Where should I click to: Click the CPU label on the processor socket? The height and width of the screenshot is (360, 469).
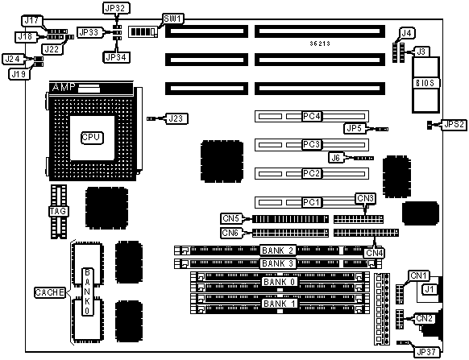[x=93, y=138]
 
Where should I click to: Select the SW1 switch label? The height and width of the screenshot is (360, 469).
[x=173, y=19]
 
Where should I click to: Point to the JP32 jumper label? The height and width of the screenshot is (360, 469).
[x=115, y=8]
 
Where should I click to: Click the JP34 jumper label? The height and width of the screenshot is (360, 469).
[x=116, y=57]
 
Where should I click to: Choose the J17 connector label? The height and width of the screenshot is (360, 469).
[x=32, y=21]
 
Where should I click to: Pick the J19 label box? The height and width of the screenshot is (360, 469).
[x=19, y=74]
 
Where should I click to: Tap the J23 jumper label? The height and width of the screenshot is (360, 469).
[x=176, y=118]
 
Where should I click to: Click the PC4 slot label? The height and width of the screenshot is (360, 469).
[x=312, y=116]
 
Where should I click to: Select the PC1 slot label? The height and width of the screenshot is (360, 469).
[x=312, y=202]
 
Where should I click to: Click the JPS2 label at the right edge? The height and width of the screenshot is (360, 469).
[x=454, y=124]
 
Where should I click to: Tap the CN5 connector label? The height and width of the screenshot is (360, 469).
[x=231, y=218]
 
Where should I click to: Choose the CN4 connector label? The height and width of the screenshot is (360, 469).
[x=375, y=253]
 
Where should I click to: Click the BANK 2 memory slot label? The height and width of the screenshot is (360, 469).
[x=278, y=250]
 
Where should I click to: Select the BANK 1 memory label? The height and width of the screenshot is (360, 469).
[x=280, y=304]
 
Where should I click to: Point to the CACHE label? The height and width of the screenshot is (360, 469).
[x=50, y=292]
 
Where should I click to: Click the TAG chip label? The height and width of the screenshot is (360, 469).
[x=59, y=211]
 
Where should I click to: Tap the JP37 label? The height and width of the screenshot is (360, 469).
[x=426, y=352]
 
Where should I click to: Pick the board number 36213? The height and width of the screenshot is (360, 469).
[x=320, y=43]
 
